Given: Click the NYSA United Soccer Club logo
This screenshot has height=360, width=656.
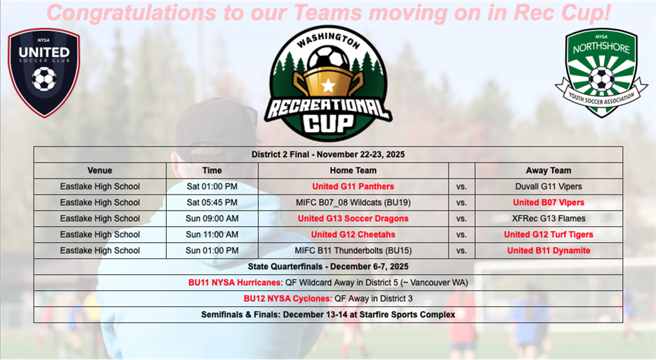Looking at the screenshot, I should (43, 72).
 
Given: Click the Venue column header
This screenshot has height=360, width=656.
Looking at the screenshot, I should (100, 170).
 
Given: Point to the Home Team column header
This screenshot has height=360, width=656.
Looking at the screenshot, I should (352, 170).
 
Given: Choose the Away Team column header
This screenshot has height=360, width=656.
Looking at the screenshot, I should (548, 170).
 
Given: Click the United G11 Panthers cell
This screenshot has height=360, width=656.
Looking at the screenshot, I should (352, 186).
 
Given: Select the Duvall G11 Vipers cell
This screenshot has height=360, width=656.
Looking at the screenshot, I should (548, 186).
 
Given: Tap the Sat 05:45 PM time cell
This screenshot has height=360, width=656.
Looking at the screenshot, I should (211, 202).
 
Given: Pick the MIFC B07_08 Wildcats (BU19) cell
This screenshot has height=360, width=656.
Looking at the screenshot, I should (352, 202).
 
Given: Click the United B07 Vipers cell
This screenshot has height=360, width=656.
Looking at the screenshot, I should (548, 202).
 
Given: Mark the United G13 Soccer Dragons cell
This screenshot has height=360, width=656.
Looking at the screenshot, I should (352, 218).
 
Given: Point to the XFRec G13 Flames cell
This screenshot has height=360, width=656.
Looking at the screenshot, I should (548, 218).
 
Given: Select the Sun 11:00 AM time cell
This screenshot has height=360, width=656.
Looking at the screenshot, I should (211, 234).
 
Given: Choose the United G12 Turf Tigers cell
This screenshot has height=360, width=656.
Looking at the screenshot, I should (548, 234).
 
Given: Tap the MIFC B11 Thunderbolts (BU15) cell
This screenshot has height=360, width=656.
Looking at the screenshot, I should (352, 250).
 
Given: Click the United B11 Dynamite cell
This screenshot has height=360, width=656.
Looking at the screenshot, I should (548, 250).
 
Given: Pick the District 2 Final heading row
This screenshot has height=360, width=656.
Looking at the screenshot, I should (328, 154).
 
